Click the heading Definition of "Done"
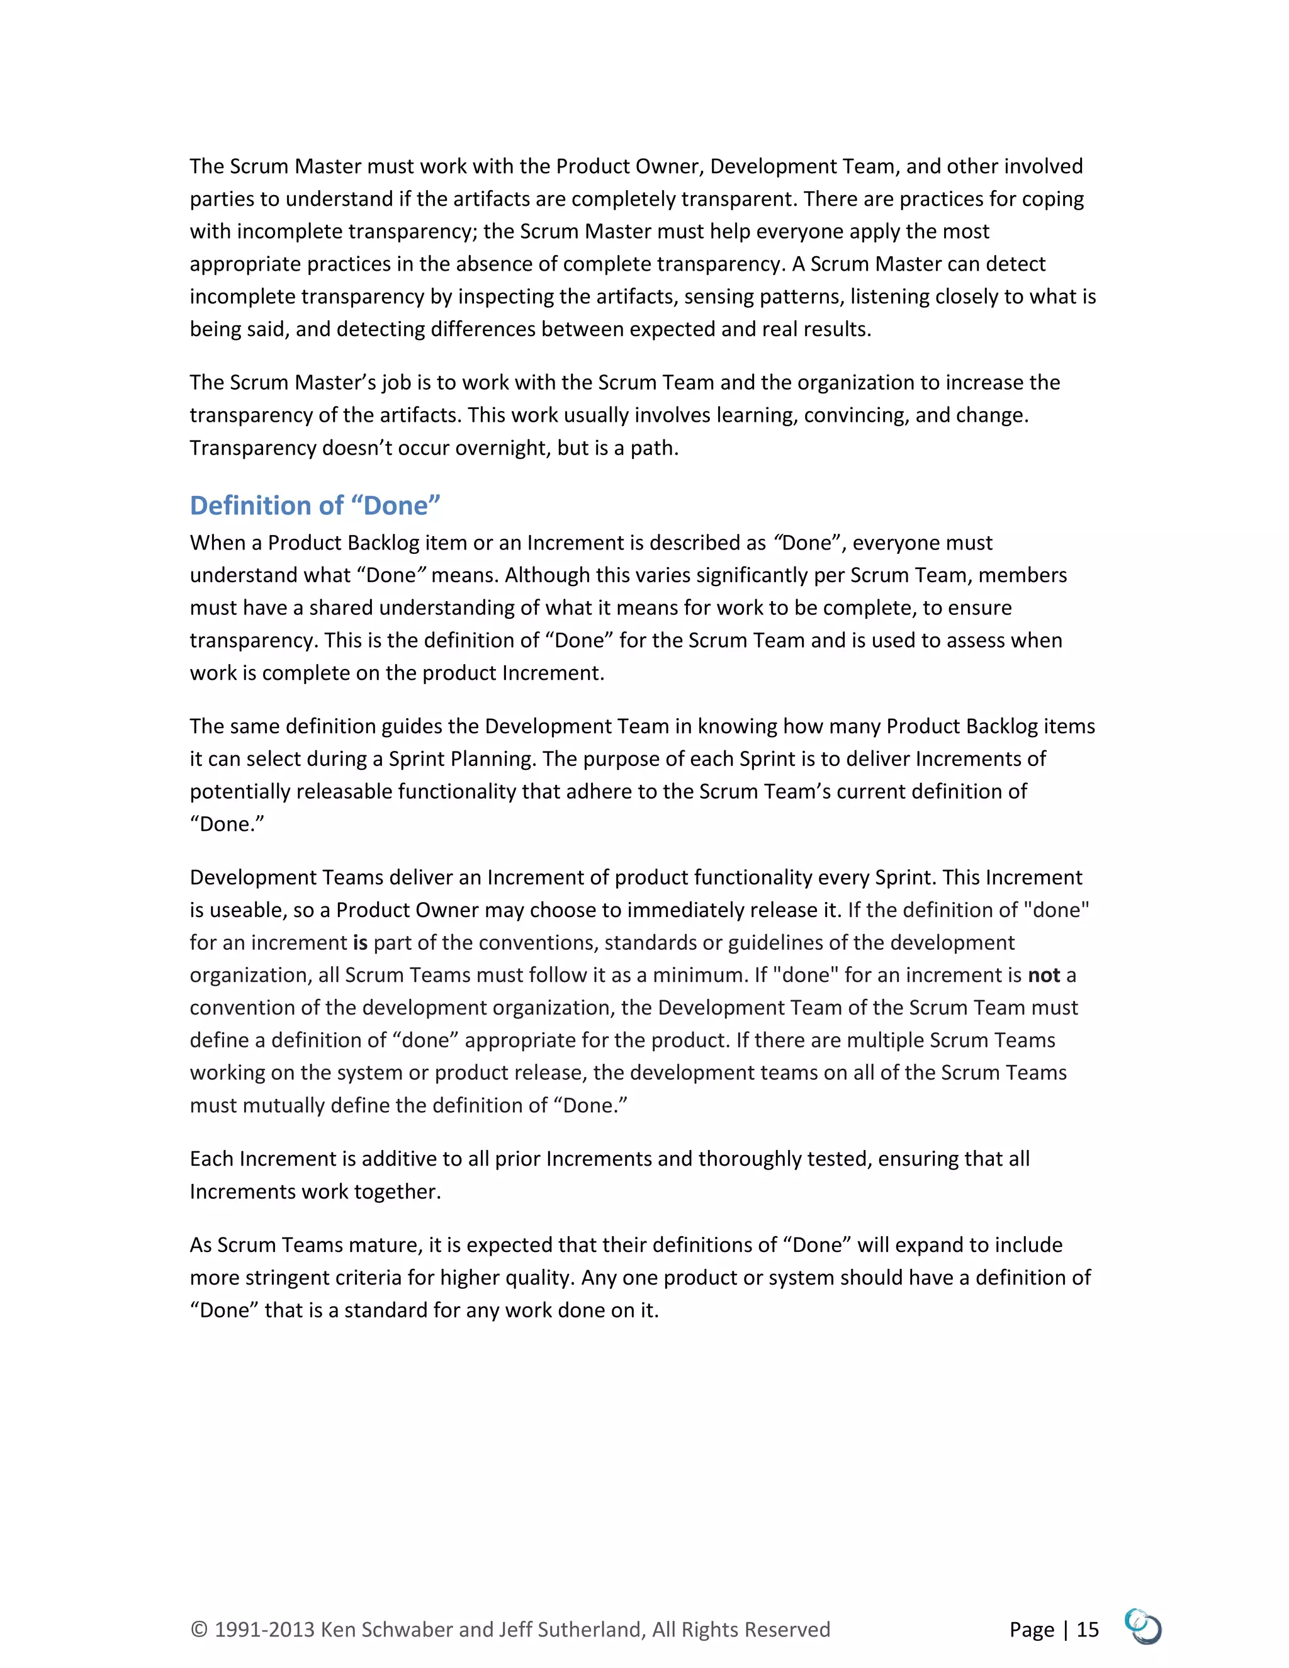(315, 505)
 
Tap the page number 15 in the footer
(1088, 1629)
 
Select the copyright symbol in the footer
(198, 1630)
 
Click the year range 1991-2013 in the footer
(264, 1630)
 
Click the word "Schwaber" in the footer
(408, 1630)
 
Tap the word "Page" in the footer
(1031, 1630)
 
